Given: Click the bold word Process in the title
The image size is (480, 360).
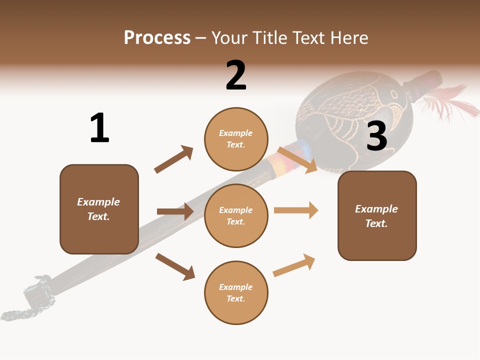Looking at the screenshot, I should click(x=157, y=38).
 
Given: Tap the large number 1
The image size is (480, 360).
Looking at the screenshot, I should click(x=99, y=128).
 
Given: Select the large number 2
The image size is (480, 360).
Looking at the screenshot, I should click(x=236, y=75).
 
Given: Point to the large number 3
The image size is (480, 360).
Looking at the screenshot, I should click(x=377, y=136).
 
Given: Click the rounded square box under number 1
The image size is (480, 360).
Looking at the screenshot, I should click(x=99, y=209).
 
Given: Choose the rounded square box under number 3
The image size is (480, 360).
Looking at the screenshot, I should click(x=377, y=215).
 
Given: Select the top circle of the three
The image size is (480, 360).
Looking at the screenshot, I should click(x=236, y=139).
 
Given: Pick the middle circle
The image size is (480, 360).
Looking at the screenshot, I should click(x=236, y=215).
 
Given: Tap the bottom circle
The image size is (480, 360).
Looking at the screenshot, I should click(x=236, y=292).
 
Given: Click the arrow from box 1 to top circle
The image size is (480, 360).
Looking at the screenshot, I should click(x=173, y=159).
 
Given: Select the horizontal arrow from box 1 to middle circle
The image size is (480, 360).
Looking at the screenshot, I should click(x=175, y=211).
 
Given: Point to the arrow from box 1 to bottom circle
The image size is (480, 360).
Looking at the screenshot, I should click(x=175, y=266).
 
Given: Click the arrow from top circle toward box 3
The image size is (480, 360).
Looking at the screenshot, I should click(x=297, y=160).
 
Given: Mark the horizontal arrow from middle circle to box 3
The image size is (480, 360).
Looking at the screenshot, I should click(x=296, y=210).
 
